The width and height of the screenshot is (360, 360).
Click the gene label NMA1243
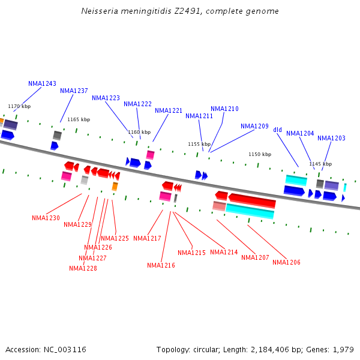coord(42,83)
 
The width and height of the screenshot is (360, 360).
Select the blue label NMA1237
coord(74,91)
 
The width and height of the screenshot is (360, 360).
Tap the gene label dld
coord(277,130)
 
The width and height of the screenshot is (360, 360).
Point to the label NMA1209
coord(254,126)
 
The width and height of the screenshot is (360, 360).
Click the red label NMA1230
coord(46,218)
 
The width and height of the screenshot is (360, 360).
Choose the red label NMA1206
coord(286,262)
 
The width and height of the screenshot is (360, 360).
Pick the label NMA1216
coord(161,265)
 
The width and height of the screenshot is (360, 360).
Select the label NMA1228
coord(83,268)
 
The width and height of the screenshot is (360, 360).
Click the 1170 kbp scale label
coord(19,106)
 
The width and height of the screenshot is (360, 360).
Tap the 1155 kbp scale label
coord(199,144)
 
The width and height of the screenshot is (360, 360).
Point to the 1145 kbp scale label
coord(320,164)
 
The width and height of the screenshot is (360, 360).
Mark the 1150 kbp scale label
coord(260,154)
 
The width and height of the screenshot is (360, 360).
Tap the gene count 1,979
coord(343,349)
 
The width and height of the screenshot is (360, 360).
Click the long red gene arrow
coord(252,200)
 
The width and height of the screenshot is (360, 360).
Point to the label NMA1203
coord(331,138)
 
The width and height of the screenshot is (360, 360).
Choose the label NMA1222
coord(137,104)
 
